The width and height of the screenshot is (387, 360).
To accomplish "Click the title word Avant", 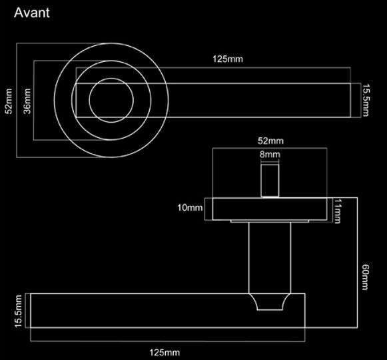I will pyautogui.click(x=31, y=13).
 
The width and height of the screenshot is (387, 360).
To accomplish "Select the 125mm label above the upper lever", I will pyautogui.click(x=228, y=59).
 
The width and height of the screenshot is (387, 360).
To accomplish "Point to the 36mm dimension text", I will pyautogui.click(x=27, y=101).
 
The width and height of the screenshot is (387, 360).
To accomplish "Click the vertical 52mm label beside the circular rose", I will pyautogui.click(x=9, y=101).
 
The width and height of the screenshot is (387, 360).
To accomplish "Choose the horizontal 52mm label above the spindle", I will pyautogui.click(x=270, y=141).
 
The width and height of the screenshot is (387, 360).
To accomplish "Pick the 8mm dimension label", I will pyautogui.click(x=270, y=155).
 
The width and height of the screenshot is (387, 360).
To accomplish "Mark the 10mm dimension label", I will pyautogui.click(x=190, y=209).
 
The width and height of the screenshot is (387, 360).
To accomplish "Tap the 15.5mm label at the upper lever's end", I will pyautogui.click(x=366, y=100).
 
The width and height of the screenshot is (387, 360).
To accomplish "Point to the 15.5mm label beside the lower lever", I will pyautogui.click(x=18, y=311).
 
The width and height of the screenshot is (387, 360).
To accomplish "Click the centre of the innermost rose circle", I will pyautogui.click(x=109, y=101).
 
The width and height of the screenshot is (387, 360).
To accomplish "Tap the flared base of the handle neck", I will pyautogui.click(x=270, y=302).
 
